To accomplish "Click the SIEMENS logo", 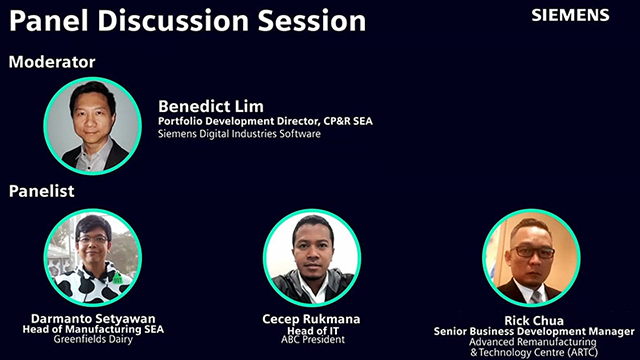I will (x=570, y=15).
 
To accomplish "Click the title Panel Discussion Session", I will (x=187, y=19).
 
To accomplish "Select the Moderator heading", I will (x=52, y=62).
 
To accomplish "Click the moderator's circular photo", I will (x=93, y=126).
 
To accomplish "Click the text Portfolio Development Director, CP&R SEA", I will (x=265, y=122).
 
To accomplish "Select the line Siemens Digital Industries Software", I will (x=240, y=134).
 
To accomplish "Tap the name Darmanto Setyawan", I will (x=93, y=318).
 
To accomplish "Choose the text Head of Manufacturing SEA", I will (x=93, y=329).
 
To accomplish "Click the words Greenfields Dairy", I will (x=93, y=340).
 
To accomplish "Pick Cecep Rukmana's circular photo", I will (x=312, y=257).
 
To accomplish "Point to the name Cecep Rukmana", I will (x=312, y=318).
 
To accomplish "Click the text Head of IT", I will (x=312, y=329).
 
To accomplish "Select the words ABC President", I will (x=312, y=340).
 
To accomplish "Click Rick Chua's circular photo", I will (x=531, y=257).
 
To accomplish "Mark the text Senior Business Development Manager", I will (x=533, y=331).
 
